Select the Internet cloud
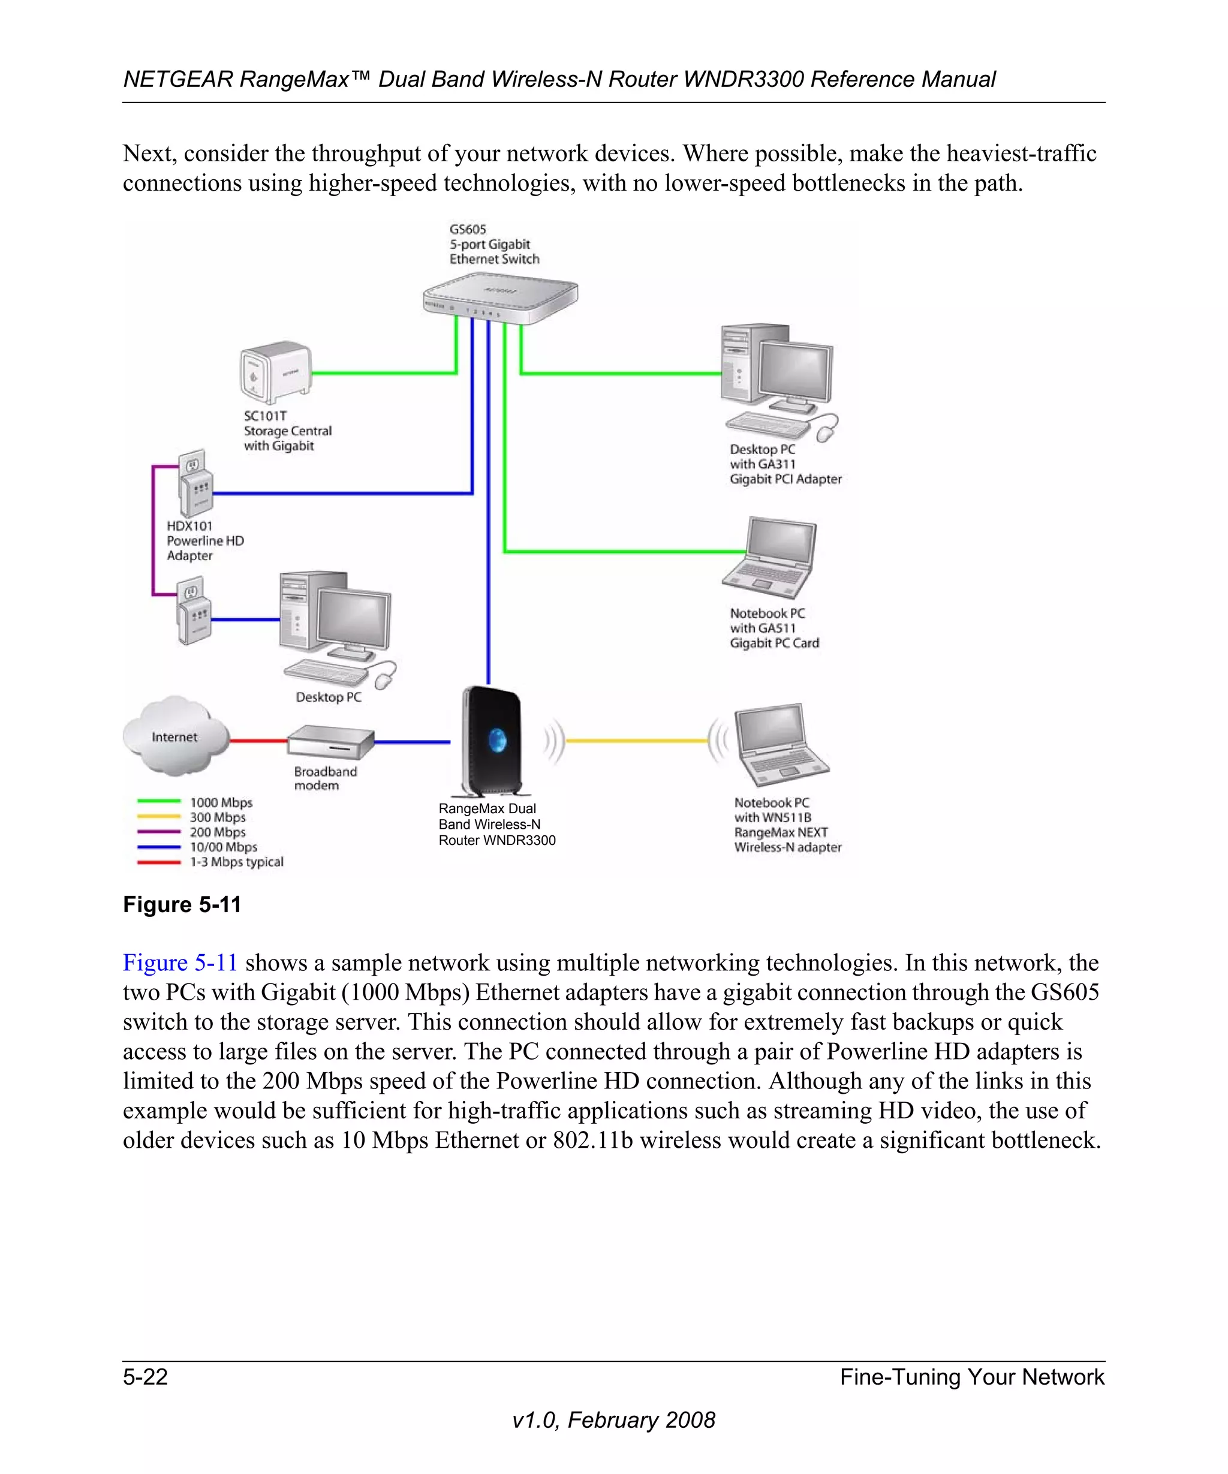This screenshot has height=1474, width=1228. pos(176,736)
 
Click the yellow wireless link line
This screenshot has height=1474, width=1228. pos(635,741)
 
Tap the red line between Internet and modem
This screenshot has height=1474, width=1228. pos(258,741)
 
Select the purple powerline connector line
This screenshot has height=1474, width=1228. pos(153,530)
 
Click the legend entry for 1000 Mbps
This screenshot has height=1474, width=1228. pos(194,802)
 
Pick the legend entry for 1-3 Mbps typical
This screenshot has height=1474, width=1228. pos(210,862)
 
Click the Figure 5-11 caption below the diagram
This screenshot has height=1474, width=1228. pos(182,905)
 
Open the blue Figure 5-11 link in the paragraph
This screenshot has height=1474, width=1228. pos(180,962)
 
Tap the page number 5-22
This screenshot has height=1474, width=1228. pos(145,1376)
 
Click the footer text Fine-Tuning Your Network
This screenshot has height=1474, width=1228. pos(971,1376)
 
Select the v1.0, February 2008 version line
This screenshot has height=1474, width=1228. pos(613,1420)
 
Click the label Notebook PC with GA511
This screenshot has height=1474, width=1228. pos(773,628)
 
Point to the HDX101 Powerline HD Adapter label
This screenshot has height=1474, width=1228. pos(205,540)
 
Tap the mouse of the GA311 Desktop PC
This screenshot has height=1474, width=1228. pos(827,431)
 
